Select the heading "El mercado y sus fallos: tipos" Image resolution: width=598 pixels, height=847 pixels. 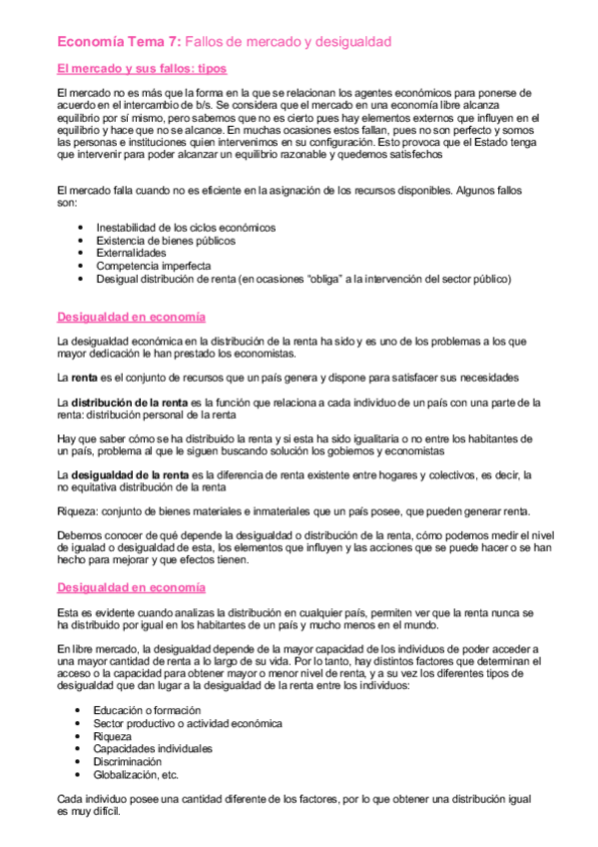(x=142, y=69)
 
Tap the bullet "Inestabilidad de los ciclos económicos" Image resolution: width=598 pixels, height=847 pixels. (x=186, y=227)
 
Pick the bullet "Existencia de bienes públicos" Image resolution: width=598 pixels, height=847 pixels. (x=165, y=241)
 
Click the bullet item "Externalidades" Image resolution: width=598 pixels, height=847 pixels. (x=132, y=254)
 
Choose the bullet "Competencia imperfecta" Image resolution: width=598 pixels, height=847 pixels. (x=153, y=267)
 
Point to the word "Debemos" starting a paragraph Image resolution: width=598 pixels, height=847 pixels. (x=80, y=535)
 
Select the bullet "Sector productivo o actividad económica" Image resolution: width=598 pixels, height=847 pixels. (x=188, y=722)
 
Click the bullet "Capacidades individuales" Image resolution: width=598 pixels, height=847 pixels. (x=153, y=748)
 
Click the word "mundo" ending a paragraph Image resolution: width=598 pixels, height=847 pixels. (x=418, y=625)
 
